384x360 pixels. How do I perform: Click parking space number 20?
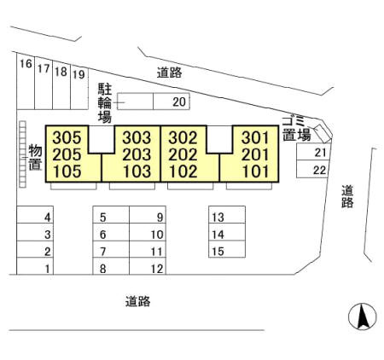(x=179, y=102)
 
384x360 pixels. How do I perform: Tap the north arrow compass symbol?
(x=363, y=316)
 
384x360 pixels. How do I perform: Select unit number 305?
(x=67, y=137)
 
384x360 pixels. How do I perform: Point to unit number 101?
(x=255, y=171)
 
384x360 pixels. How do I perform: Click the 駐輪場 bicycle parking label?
(x=105, y=103)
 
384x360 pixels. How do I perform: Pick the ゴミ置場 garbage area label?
(x=296, y=129)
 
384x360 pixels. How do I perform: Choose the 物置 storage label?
(x=36, y=157)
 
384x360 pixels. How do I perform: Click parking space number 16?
(x=26, y=64)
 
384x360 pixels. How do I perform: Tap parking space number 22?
(x=319, y=170)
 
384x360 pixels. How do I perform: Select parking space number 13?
(x=218, y=218)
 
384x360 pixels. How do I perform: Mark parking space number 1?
(x=48, y=269)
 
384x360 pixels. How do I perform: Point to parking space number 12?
(x=157, y=269)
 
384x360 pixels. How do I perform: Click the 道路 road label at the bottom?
(x=137, y=301)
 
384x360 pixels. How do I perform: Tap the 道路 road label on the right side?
(x=347, y=196)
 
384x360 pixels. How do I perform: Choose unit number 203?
(x=137, y=154)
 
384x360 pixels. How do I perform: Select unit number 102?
(x=183, y=171)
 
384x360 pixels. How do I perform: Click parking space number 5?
(x=103, y=218)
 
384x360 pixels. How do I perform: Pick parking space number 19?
(x=79, y=74)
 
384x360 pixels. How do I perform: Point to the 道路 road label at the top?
(x=169, y=73)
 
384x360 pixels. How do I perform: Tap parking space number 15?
(x=218, y=252)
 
